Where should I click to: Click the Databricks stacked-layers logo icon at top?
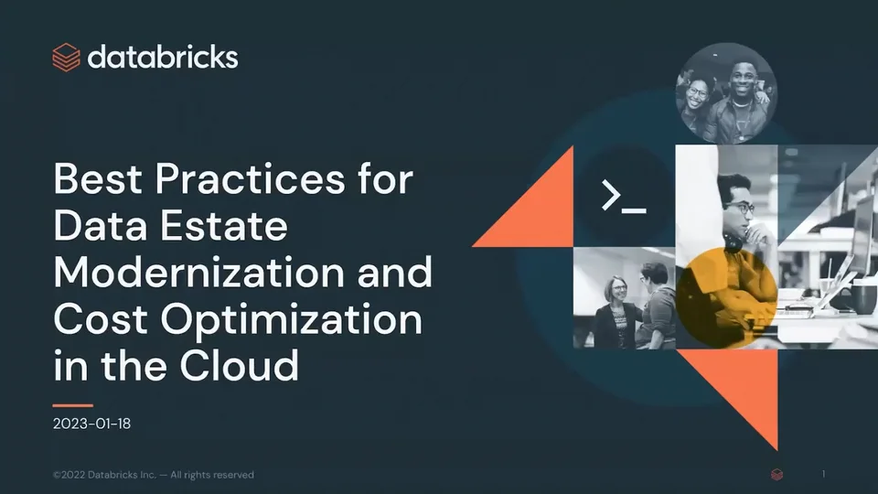pyautogui.click(x=66, y=57)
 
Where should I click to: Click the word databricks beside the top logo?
pyautogui.click(x=163, y=57)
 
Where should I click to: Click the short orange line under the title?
pyautogui.click(x=73, y=404)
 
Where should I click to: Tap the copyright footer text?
pyautogui.click(x=154, y=475)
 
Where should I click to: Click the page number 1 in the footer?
pyautogui.click(x=824, y=474)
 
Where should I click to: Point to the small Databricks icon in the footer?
pyautogui.click(x=776, y=475)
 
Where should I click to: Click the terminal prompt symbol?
pyautogui.click(x=624, y=196)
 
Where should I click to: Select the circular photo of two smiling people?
pyautogui.click(x=726, y=94)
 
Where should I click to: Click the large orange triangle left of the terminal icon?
pyautogui.click(x=540, y=206)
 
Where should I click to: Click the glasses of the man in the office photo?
pyautogui.click(x=743, y=208)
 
